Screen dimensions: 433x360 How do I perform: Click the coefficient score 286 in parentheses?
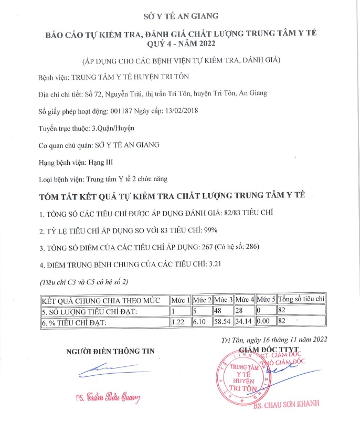coord(246,247)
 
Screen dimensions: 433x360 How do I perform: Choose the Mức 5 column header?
coord(266,300)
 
